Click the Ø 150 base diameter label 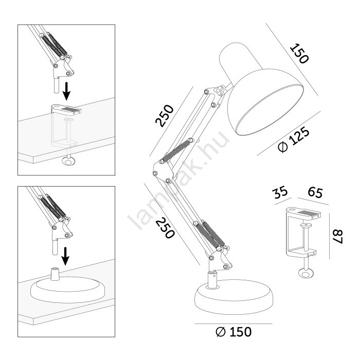pyautogui.click(x=233, y=332)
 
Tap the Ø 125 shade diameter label pyautogui.click(x=294, y=139)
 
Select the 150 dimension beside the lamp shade pyautogui.click(x=299, y=53)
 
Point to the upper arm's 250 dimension pyautogui.click(x=165, y=116)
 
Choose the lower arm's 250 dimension pyautogui.click(x=165, y=228)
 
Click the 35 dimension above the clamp pyautogui.click(x=280, y=192)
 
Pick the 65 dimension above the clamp pyautogui.click(x=315, y=192)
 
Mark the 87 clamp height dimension pyautogui.click(x=337, y=237)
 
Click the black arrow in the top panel pyautogui.click(x=66, y=91)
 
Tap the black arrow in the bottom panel pyautogui.click(x=65, y=256)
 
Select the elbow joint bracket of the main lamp pyautogui.click(x=163, y=172)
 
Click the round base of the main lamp pyautogui.click(x=233, y=297)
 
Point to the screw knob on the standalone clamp pyautogui.click(x=305, y=273)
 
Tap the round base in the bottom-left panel pyautogui.click(x=67, y=290)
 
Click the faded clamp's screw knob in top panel pyautogui.click(x=68, y=161)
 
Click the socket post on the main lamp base pyautogui.click(x=212, y=280)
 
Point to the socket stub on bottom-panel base pyautogui.click(x=55, y=274)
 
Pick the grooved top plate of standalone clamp pyautogui.click(x=303, y=212)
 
